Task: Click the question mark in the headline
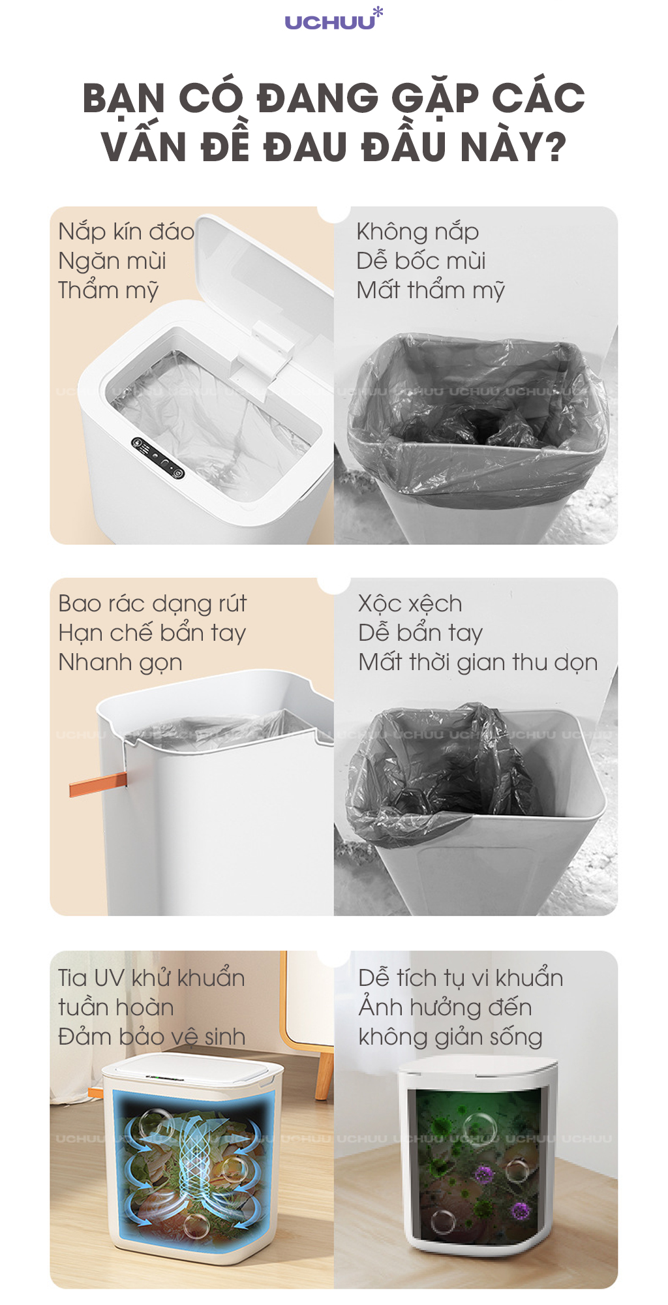pos(553,147)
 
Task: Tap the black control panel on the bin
pos(158,457)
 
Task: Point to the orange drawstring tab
pos(98,784)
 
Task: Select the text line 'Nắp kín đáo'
pos(126,232)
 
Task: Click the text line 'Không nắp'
pos(417,232)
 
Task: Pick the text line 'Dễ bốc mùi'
pos(421,261)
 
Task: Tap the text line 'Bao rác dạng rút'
pos(153,604)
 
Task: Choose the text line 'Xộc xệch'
pos(410,604)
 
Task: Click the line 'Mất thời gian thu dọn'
pos(478,662)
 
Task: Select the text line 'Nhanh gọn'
pos(120,663)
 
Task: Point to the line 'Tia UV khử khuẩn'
pos(151,977)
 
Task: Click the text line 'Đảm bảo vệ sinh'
pos(151,1036)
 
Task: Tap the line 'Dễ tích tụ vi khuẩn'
pos(461,977)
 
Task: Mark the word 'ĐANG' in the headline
pos(318,99)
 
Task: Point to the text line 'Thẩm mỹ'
pos(108,290)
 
